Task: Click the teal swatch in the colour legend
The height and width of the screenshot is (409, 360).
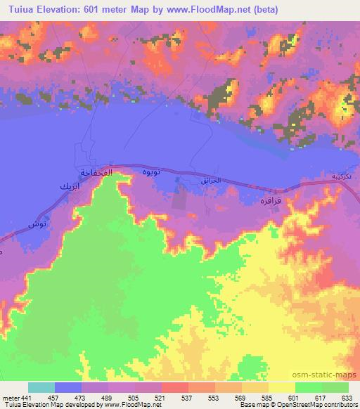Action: pos(41,387)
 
